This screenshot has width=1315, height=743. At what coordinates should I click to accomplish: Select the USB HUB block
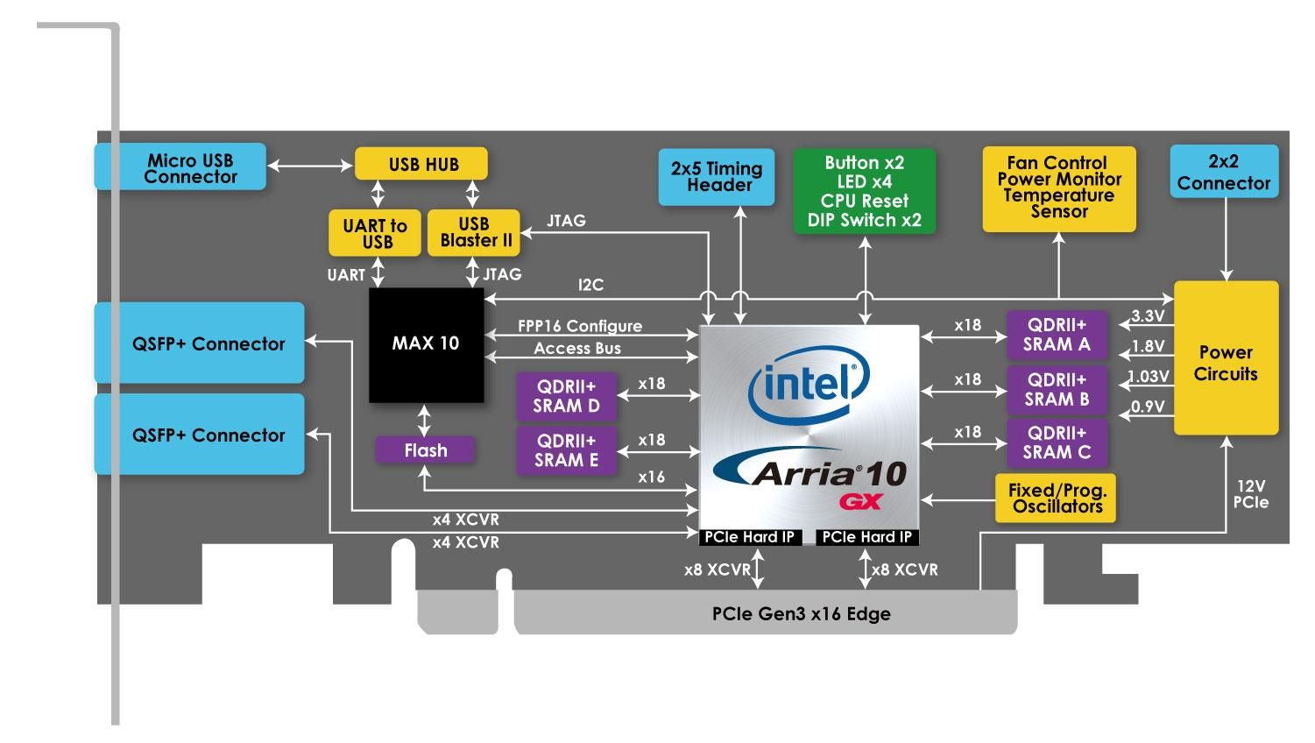coord(420,164)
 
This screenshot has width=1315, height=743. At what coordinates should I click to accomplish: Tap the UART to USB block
coord(374,233)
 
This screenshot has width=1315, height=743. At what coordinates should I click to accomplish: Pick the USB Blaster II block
coord(474,232)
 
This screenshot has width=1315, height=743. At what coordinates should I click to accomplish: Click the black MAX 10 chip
coord(426,343)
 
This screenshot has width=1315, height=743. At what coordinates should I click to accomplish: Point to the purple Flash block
coord(425,450)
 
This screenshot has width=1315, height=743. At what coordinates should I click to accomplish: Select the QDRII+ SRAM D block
coord(566,397)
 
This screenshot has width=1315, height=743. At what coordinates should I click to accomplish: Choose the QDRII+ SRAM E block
coord(566,450)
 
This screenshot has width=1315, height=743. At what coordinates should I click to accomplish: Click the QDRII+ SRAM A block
coord(1057,335)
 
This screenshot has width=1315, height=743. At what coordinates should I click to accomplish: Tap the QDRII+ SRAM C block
coord(1057,442)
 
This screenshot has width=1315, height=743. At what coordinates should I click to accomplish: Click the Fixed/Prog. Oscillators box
coord(1057,498)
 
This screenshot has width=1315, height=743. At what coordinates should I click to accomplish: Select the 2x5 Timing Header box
coord(717,177)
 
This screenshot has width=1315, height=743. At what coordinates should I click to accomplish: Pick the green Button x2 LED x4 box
coord(864,191)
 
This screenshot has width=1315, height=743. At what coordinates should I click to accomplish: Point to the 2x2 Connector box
coord(1223,173)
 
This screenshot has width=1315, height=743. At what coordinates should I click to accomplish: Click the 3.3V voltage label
coord(1148,316)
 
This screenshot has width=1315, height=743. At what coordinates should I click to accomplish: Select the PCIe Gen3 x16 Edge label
coord(801,614)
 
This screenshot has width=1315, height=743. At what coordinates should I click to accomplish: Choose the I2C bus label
coord(590,286)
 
